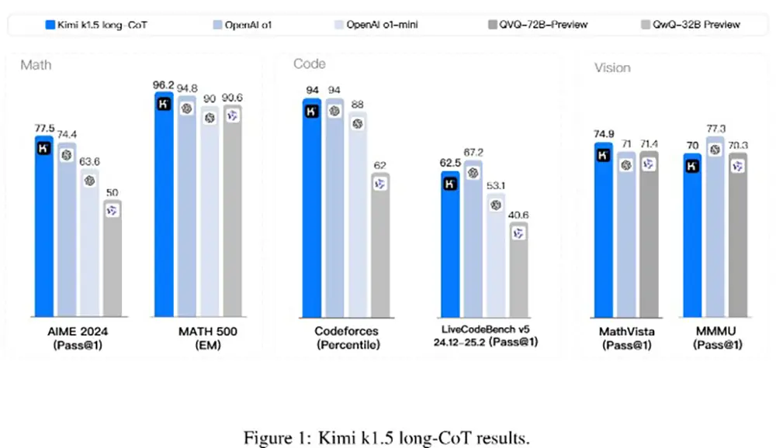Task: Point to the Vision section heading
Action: pos(612,67)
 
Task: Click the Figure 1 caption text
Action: pos(387,437)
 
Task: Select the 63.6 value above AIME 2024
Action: pos(89,161)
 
